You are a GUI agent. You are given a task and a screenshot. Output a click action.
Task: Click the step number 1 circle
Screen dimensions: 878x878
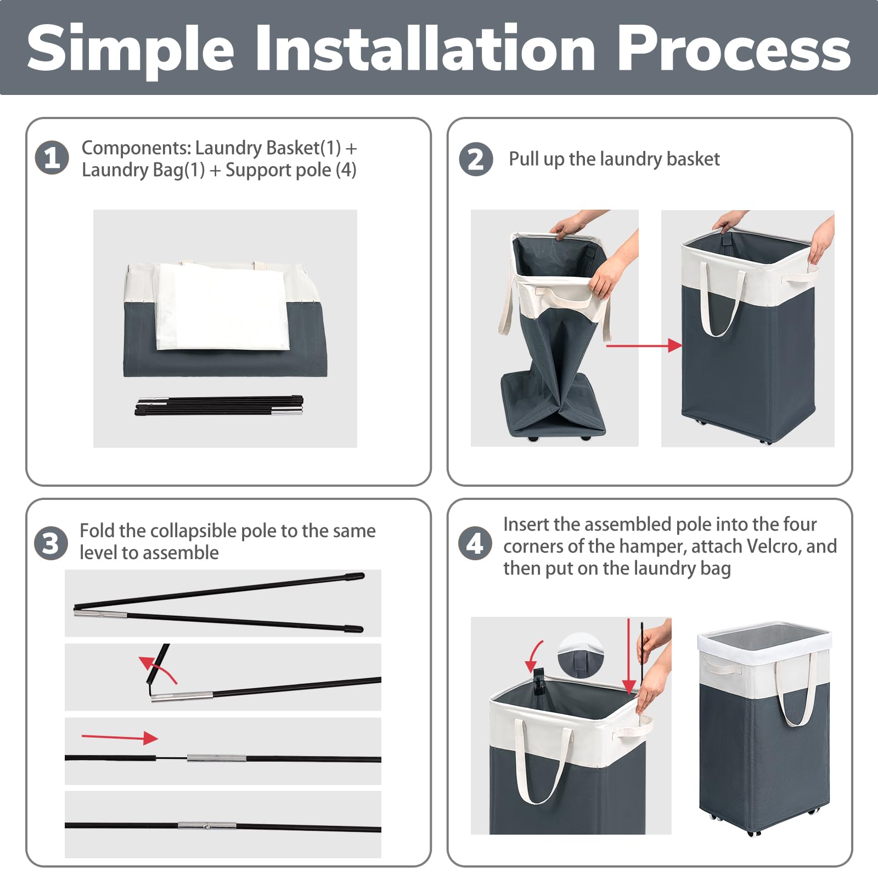coord(52,158)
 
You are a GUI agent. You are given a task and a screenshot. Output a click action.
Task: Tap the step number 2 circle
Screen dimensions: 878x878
coord(476,159)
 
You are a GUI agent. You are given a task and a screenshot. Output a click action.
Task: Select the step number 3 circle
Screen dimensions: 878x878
coord(51,543)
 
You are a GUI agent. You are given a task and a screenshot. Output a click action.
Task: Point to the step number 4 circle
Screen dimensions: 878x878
coord(475,543)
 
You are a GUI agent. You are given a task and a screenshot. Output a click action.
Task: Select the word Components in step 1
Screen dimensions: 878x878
coord(136,148)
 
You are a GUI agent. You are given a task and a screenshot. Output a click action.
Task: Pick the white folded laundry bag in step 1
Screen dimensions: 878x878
coord(222,306)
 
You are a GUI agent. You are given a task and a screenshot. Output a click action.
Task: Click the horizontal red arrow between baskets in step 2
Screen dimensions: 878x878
coord(643,345)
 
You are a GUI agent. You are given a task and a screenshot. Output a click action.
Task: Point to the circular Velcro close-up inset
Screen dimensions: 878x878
coord(580,654)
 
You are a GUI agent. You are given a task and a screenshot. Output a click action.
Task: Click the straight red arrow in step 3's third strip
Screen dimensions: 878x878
coord(119,738)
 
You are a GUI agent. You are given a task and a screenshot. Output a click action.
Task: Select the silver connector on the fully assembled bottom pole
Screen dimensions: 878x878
coord(207,825)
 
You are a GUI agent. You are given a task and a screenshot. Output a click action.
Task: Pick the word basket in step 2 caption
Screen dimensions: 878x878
coord(693,159)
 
